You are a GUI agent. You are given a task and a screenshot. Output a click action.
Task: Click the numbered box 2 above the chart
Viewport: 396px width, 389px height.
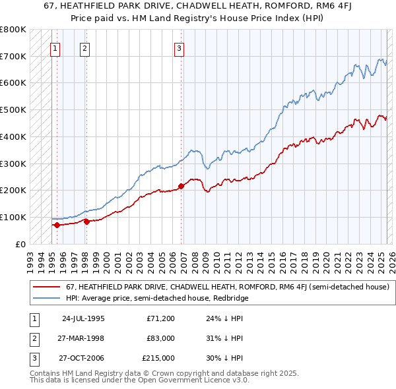tap(85, 47)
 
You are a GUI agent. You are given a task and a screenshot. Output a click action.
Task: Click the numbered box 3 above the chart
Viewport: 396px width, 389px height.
tap(179, 47)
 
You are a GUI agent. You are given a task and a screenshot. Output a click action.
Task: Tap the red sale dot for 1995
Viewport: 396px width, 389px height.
tap(57, 225)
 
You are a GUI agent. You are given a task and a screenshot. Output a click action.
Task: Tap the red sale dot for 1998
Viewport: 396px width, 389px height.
tap(86, 222)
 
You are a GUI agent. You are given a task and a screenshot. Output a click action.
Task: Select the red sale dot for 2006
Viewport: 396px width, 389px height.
tap(181, 186)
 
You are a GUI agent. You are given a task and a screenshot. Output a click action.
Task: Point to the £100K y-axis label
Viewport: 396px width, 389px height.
tap(13, 217)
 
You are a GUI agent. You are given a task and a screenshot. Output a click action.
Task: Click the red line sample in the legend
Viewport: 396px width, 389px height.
tap(46, 287)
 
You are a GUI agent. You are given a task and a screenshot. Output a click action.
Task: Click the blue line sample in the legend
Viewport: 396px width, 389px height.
tap(46, 298)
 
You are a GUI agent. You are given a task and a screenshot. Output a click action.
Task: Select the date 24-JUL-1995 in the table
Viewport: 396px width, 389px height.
tap(83, 318)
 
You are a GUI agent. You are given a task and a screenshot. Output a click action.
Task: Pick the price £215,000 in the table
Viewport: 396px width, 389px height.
tap(158, 358)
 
